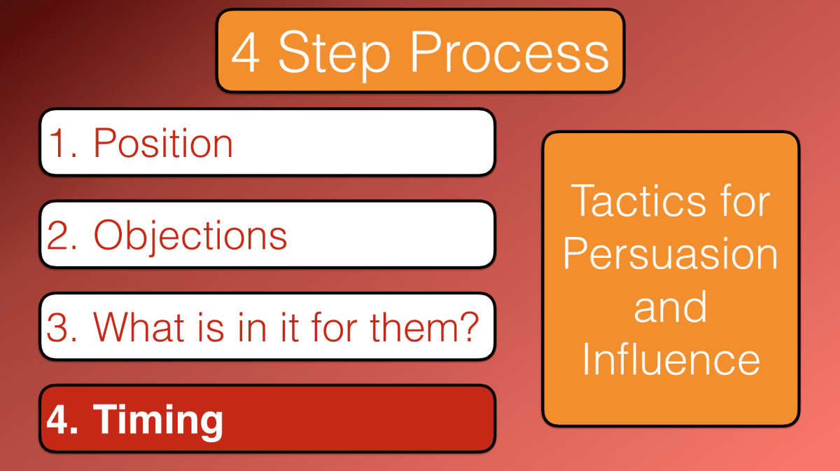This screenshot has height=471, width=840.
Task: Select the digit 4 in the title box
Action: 246,53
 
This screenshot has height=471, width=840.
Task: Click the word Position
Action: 163,143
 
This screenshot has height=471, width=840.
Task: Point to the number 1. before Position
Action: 64,143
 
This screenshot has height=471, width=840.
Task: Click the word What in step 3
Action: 143,327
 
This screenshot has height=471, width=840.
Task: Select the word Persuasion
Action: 671,254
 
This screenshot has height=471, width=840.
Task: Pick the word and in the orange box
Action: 671,307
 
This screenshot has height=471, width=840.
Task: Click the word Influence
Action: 671,359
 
